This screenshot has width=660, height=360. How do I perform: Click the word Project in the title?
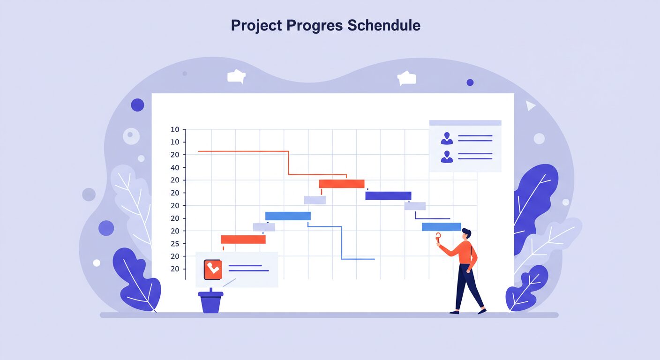[x=256, y=25]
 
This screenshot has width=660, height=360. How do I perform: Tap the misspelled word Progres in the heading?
[x=315, y=26]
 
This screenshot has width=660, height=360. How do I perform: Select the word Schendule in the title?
[x=384, y=25]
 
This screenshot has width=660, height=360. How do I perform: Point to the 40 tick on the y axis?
[x=175, y=168]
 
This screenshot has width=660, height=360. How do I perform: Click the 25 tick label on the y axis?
[x=175, y=244]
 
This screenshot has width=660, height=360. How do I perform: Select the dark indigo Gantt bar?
[x=388, y=196]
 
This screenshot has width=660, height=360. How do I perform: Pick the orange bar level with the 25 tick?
[x=243, y=240]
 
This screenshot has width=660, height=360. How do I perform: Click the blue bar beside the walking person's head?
[x=442, y=227]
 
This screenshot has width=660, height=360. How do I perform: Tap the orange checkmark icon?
[x=213, y=270]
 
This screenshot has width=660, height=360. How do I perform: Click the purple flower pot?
[x=210, y=302]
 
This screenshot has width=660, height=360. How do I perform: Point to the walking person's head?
[x=466, y=234]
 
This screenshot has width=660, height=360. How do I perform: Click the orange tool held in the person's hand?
[x=438, y=238]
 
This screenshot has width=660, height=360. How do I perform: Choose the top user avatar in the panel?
[x=447, y=138]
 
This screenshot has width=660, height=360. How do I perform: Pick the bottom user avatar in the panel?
[x=447, y=157]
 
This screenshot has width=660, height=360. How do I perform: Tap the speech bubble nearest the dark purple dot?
[x=407, y=78]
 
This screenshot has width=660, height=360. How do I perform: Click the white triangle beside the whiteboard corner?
[x=530, y=105]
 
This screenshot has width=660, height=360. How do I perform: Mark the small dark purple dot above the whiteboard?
[x=470, y=82]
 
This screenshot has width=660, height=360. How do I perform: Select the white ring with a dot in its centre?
[x=131, y=136]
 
